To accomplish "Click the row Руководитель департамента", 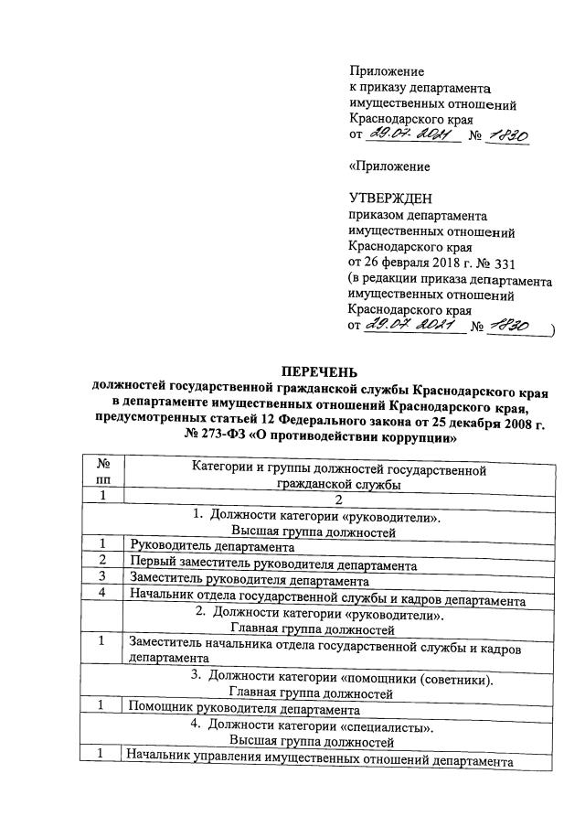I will point(212,547).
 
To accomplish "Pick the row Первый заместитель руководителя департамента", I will point(273,564).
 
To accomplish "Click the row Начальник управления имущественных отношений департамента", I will point(319,760).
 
